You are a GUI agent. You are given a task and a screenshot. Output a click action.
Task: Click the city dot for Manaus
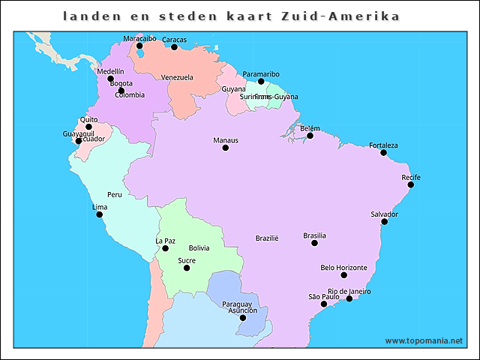click(x=225, y=148)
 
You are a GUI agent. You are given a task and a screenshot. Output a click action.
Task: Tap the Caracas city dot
click(x=174, y=47)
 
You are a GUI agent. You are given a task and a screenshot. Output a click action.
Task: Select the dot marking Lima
click(x=99, y=214)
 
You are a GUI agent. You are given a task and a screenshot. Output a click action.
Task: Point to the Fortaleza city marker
click(x=383, y=153)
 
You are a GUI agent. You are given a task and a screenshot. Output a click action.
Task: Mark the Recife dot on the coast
click(x=410, y=185)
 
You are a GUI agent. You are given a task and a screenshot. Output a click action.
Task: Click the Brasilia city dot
click(x=314, y=243)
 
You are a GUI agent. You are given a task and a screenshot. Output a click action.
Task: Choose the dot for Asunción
click(x=242, y=318)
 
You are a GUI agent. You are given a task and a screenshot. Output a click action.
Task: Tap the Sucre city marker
click(x=187, y=268)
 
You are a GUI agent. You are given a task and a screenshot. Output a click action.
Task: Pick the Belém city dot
click(x=310, y=136)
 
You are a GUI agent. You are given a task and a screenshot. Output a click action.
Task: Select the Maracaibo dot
click(x=139, y=46)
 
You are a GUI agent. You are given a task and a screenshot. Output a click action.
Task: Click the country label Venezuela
click(x=177, y=77)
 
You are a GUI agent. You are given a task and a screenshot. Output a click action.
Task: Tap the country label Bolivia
click(x=199, y=247)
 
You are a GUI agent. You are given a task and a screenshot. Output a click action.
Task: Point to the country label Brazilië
click(x=266, y=238)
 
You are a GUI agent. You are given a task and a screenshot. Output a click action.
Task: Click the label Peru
click(x=114, y=194)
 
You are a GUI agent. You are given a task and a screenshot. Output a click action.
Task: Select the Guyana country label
click(x=233, y=89)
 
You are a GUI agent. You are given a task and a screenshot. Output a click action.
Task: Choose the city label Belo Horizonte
click(x=343, y=268)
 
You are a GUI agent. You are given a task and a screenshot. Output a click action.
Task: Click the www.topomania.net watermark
click(x=424, y=340)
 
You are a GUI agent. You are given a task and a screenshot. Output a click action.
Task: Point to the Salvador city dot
click(x=384, y=221)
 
